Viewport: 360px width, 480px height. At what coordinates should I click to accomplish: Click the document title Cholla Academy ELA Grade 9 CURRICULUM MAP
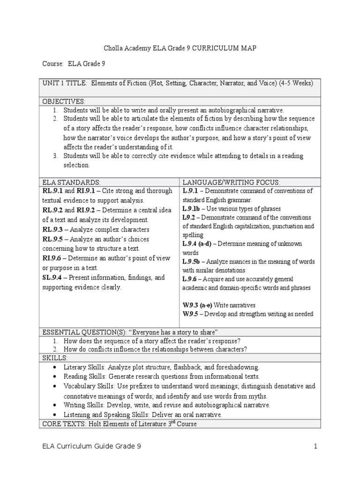tap(180, 48)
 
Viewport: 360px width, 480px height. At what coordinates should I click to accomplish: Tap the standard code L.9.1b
tap(193, 209)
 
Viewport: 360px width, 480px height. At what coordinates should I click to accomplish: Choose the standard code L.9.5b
tap(193, 262)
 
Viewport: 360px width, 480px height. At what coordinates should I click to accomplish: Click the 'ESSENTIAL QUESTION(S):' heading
tap(82, 332)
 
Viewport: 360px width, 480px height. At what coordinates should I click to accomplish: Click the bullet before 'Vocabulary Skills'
tap(56, 386)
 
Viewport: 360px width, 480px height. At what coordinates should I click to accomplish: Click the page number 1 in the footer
tap(316, 447)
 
